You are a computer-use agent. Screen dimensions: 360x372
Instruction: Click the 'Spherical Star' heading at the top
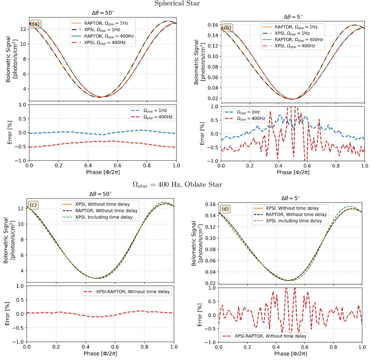[x=177, y=3]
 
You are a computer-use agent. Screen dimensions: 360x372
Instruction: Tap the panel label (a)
[x=35, y=24]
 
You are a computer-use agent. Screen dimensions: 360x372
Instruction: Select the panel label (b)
[x=228, y=27]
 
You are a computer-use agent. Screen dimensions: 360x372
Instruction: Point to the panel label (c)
[x=33, y=205]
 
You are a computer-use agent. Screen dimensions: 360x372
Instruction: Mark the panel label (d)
[x=225, y=209]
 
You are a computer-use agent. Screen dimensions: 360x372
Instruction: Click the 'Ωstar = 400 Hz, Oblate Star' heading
[x=177, y=185]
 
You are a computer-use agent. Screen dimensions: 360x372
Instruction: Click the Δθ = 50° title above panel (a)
[x=103, y=13]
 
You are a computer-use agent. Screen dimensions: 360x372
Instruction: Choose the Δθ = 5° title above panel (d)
[x=292, y=198]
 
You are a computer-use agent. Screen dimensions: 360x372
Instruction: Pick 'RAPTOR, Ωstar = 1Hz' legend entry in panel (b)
[x=296, y=27]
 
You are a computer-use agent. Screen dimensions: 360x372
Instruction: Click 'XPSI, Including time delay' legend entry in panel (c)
[x=104, y=217]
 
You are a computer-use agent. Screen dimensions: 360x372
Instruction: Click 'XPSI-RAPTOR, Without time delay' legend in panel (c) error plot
[x=133, y=291]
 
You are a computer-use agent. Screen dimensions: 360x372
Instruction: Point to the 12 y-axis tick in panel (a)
[x=23, y=29]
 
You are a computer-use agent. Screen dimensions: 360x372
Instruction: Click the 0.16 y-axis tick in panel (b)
[x=213, y=25]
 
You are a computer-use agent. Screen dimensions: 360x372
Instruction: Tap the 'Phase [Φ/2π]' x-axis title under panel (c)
[x=100, y=353]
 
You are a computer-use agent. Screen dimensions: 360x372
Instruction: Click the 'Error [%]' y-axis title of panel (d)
[x=200, y=315]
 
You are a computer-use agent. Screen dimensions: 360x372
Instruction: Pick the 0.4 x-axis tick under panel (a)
[x=88, y=166]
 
